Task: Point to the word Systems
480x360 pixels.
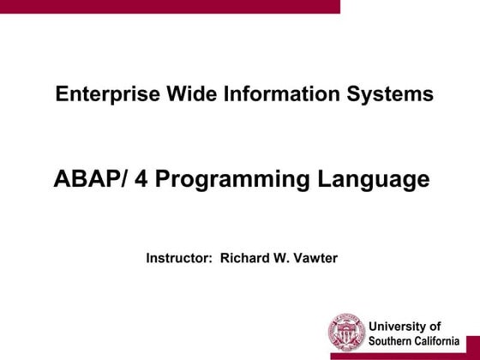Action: (x=392, y=94)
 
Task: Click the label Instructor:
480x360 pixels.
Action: (x=179, y=257)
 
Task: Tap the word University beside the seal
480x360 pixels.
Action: (x=396, y=326)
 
